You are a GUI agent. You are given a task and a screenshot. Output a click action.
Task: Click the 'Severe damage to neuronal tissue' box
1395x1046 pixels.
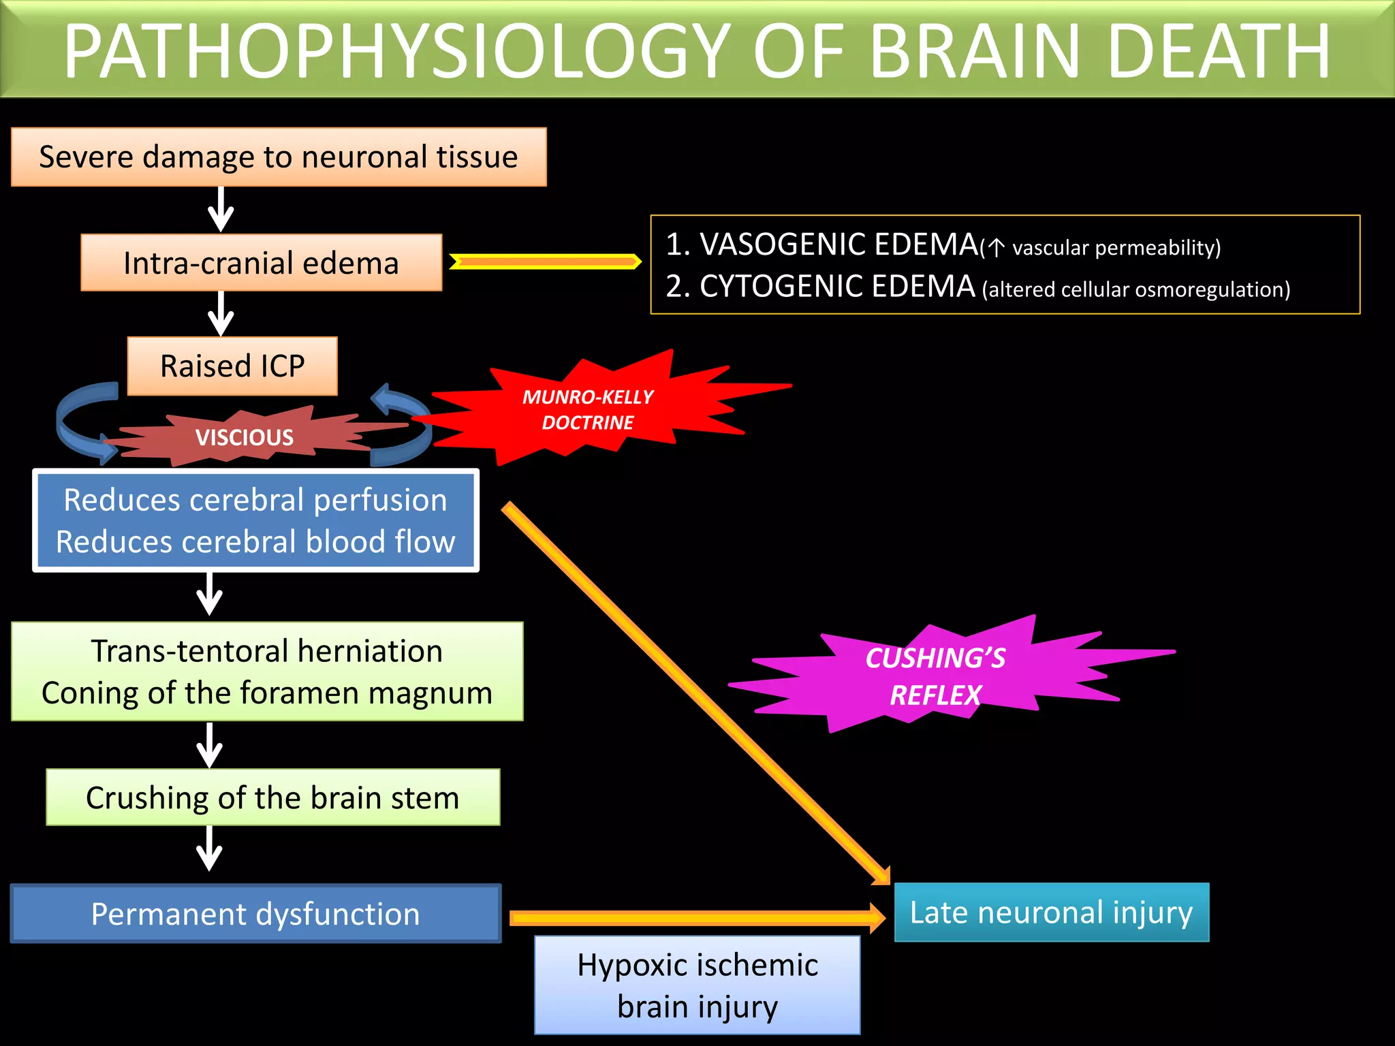point(279,157)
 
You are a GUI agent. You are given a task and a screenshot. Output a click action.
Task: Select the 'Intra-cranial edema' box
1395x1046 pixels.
point(261,263)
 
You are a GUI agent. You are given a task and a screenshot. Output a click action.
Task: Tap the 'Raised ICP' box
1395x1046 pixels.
point(232,366)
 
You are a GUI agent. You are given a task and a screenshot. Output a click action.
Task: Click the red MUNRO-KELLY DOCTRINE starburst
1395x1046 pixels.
point(587,409)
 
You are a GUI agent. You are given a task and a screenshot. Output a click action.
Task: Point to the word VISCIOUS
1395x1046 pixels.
point(245,437)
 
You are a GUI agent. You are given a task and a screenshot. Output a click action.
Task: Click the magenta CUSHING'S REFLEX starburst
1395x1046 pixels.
point(935,676)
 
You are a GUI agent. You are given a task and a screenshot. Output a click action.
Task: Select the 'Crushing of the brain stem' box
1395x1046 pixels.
point(272,797)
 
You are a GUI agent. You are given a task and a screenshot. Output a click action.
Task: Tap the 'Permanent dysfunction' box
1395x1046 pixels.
point(255,914)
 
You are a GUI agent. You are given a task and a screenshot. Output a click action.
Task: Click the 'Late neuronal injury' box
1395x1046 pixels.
point(1051,913)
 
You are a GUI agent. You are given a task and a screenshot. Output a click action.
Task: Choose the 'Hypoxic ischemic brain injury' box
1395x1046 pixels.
point(697,985)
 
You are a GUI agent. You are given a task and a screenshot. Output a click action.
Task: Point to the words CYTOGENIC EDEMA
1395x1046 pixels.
point(837,287)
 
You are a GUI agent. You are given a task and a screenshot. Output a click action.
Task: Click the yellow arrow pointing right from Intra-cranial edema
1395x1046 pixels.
point(545,261)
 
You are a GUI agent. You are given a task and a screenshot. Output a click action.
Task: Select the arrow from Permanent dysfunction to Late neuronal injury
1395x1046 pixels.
point(695,918)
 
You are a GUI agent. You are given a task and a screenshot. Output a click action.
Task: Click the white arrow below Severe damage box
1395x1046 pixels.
point(221,210)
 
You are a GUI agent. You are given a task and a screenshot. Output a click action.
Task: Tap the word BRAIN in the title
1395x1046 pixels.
point(975,52)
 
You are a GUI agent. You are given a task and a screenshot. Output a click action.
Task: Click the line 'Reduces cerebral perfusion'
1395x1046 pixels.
point(255,500)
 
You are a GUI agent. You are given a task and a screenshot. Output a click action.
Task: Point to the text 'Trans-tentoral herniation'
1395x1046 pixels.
point(267,651)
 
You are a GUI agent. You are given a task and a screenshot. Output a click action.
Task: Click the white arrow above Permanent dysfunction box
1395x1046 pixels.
point(209,849)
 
